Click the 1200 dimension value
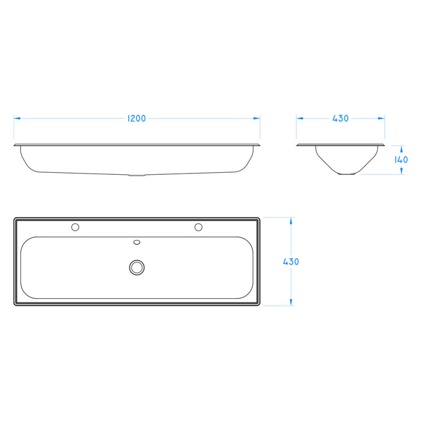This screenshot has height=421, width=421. [136, 118]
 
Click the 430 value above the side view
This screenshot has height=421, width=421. [340, 118]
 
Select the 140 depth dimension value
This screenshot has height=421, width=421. [401, 159]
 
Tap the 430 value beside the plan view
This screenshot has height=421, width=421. [291, 262]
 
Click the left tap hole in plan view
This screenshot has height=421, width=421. [75, 227]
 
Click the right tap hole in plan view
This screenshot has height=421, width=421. [198, 227]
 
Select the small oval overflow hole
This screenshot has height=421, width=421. [137, 243]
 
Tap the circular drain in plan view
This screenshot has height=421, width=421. [137, 267]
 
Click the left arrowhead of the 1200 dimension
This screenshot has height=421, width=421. [16, 118]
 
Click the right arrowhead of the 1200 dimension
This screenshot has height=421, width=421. [257, 118]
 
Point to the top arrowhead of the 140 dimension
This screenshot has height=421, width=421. [401, 148]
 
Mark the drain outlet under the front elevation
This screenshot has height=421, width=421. [137, 175]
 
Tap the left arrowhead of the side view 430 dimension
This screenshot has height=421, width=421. [299, 118]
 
